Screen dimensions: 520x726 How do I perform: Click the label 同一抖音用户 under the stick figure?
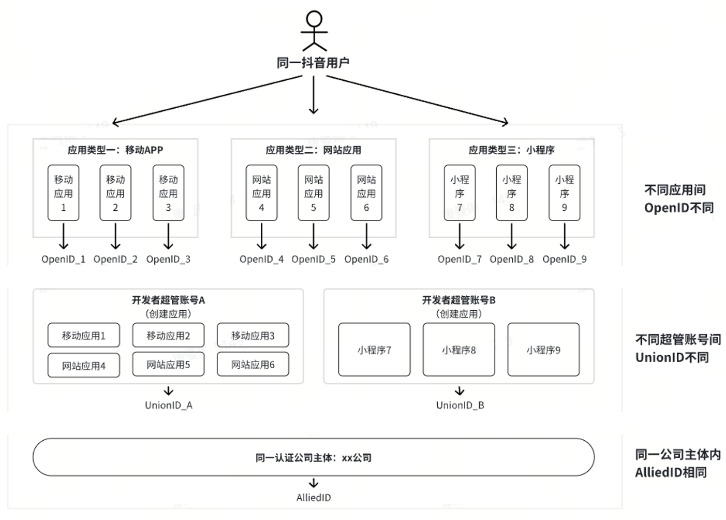click(313, 63)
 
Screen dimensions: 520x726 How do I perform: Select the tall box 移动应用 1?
click(64, 193)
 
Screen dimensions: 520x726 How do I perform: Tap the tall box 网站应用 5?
click(314, 193)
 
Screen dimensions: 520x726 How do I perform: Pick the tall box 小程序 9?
click(564, 193)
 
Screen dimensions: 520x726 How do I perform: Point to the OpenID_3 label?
click(168, 259)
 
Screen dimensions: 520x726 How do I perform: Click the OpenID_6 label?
click(366, 259)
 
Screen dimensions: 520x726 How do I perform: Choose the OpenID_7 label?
click(460, 259)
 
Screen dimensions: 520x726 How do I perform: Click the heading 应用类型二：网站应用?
click(314, 150)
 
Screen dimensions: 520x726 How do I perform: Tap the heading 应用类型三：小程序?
click(511, 150)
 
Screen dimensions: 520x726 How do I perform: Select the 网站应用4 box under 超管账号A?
click(84, 366)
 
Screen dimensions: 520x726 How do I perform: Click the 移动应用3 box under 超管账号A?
click(253, 336)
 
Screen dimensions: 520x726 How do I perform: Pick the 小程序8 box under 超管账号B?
click(458, 350)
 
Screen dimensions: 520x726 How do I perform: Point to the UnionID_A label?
click(169, 405)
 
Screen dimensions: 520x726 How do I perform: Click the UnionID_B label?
click(460, 405)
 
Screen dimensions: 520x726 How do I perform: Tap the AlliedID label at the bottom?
click(314, 497)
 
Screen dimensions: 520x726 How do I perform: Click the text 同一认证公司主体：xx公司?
click(314, 458)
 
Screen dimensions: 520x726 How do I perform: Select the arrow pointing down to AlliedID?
click(314, 483)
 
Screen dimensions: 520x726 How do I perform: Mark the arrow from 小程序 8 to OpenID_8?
click(512, 236)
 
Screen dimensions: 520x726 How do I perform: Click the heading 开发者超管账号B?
click(458, 300)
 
